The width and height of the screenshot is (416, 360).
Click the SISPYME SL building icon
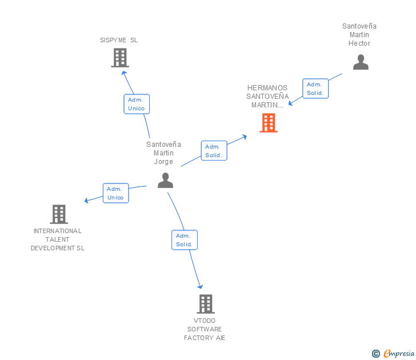(119, 58)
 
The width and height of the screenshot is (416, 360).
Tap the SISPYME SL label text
(119, 40)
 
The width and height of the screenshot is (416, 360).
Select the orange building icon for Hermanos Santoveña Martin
(268, 123)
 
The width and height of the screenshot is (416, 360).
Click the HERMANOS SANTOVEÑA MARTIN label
(267, 97)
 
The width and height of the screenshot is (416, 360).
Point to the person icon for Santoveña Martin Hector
(361, 62)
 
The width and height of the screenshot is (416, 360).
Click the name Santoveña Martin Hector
(359, 35)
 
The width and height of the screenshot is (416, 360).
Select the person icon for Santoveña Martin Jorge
(165, 181)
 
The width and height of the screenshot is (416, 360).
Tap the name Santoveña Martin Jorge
(163, 153)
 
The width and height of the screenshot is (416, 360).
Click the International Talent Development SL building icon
(58, 214)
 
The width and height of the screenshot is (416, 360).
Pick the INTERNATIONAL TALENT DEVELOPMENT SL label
(58, 239)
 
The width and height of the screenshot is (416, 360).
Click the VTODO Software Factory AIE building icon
(205, 304)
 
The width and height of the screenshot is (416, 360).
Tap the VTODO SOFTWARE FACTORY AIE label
(205, 329)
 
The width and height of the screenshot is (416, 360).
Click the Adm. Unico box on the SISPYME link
(137, 104)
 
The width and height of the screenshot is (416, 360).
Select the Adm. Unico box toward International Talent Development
(115, 193)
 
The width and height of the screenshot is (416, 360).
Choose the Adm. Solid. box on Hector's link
(315, 89)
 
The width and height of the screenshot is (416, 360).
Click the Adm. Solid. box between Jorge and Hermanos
(214, 151)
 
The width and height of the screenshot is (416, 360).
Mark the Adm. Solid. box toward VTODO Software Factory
(184, 240)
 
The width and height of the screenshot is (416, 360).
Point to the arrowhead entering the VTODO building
(200, 286)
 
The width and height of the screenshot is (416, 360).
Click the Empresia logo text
(399, 354)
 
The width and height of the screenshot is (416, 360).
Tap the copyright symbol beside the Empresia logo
(375, 354)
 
